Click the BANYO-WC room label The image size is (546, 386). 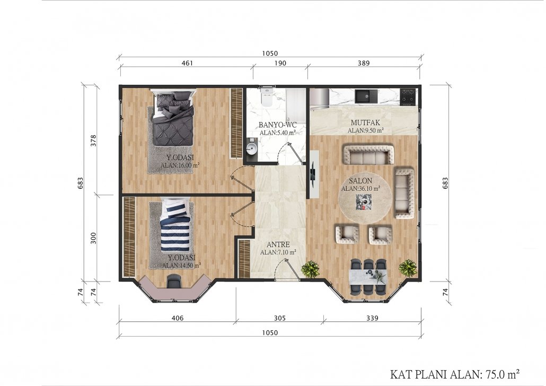point(278,125)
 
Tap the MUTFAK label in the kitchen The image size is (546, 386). point(365,122)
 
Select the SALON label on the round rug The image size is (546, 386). point(360,181)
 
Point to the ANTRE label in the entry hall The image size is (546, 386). point(278,244)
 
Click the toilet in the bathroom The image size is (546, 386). point(267,96)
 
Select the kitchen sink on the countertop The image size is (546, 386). point(366,96)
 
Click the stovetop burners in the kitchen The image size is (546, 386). point(408,97)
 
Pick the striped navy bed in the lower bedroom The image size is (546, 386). point(175,225)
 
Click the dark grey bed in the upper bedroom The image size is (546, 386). point(173,118)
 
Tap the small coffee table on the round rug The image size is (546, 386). point(363,202)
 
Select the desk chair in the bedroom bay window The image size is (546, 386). point(174,281)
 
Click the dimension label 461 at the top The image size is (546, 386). point(187,63)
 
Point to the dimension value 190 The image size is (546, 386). point(280,63)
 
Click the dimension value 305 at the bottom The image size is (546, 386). point(279,318)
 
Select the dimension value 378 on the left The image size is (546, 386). point(93,141)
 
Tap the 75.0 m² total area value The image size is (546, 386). point(500,374)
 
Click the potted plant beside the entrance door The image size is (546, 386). point(310,269)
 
